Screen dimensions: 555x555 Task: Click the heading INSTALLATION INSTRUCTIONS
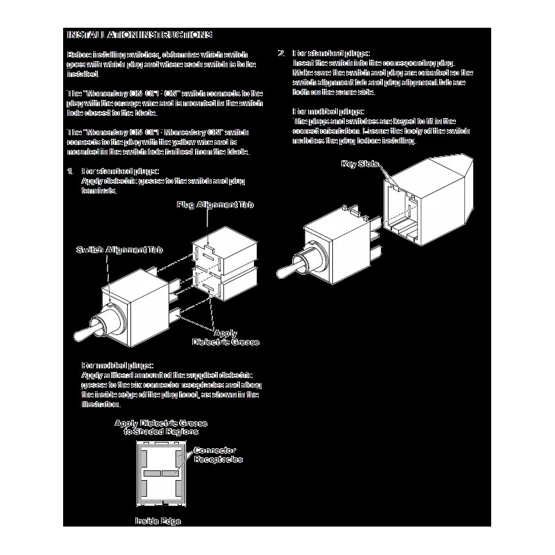point(138,35)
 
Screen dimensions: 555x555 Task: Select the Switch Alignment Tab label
point(118,248)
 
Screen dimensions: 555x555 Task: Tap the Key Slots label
point(359,164)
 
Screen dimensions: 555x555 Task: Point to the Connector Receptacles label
point(218,455)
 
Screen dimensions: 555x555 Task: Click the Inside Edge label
point(157,520)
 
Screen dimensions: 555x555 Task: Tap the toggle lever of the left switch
point(87,331)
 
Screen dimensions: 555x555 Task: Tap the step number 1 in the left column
point(69,171)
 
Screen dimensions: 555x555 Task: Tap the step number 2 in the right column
point(281,53)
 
